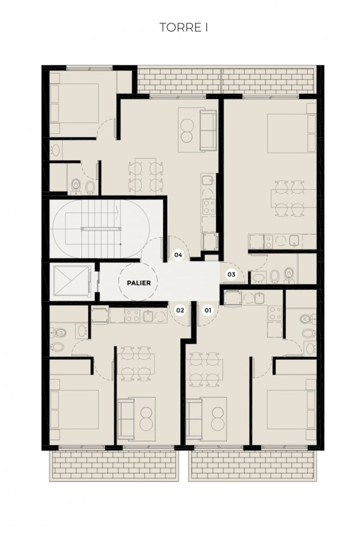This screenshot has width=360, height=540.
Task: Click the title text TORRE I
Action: (x=180, y=27)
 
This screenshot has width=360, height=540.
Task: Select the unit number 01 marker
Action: (x=208, y=310)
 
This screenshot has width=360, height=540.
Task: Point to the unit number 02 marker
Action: (x=180, y=310)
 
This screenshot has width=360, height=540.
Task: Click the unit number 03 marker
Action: (x=231, y=275)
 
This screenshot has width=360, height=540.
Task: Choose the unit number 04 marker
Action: (x=179, y=255)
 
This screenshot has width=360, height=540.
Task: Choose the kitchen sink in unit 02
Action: (x=148, y=317)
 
